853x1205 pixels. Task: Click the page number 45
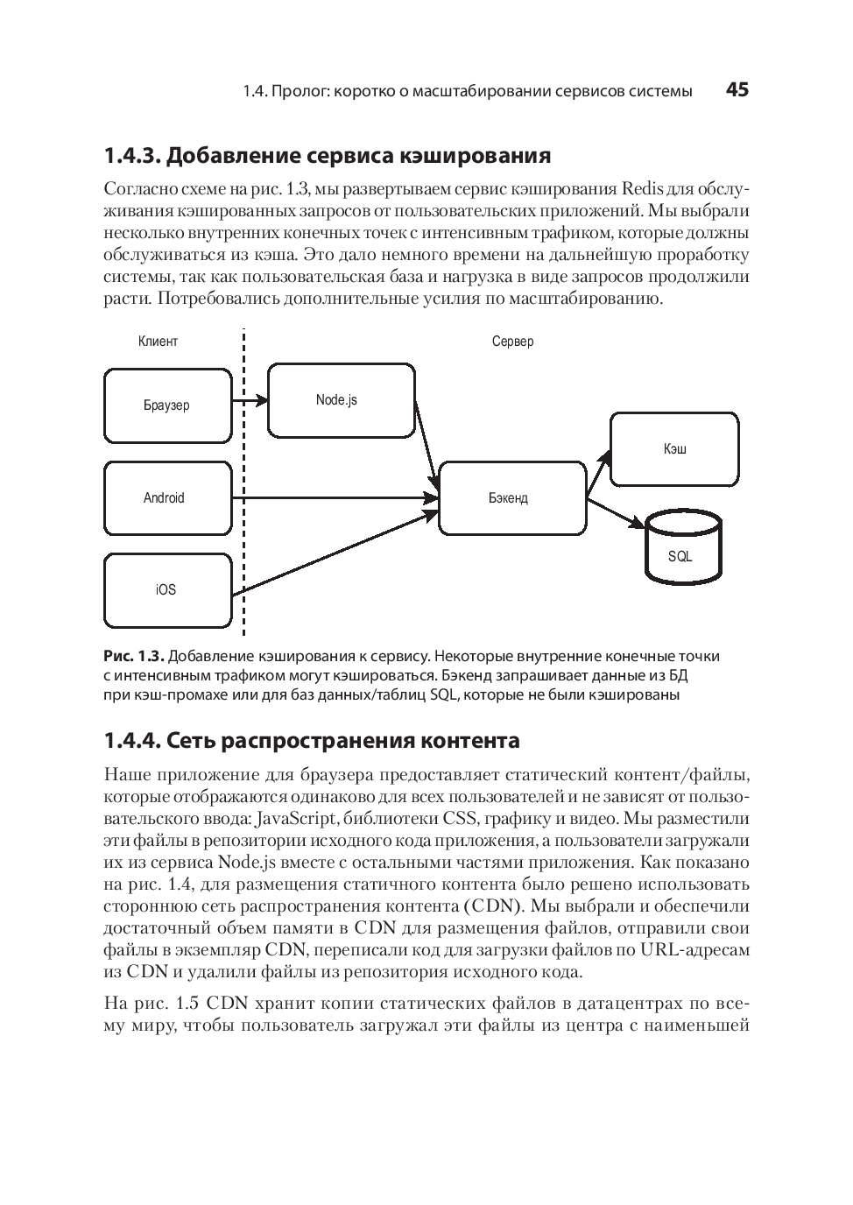737,90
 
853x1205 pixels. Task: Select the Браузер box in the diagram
167,405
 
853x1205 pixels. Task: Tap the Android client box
167,497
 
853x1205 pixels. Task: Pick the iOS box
167,589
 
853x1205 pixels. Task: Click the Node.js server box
341,400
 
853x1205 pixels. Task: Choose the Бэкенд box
511,497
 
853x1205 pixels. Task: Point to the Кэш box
674,449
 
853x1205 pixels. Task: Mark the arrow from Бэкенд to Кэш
600,473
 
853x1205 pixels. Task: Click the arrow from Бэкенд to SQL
616,513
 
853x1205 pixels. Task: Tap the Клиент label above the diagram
158,342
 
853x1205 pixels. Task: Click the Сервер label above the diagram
512,342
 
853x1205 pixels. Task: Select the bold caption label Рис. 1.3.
133,656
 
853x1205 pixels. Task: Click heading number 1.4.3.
131,156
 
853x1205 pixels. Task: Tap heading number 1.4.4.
131,741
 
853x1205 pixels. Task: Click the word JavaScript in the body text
295,819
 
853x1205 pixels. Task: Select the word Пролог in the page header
297,91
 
